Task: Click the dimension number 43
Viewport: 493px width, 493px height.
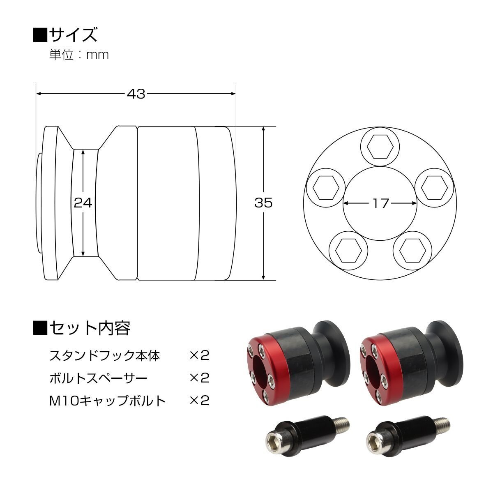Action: [x=136, y=94]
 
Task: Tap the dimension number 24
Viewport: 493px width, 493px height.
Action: [x=83, y=203]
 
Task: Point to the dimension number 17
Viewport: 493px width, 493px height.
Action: [x=380, y=203]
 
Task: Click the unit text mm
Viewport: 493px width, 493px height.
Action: [x=97, y=55]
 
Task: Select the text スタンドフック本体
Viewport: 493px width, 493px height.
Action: [x=105, y=356]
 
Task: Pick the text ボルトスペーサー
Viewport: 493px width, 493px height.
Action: [x=99, y=378]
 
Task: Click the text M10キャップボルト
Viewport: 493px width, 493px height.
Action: [x=108, y=401]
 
